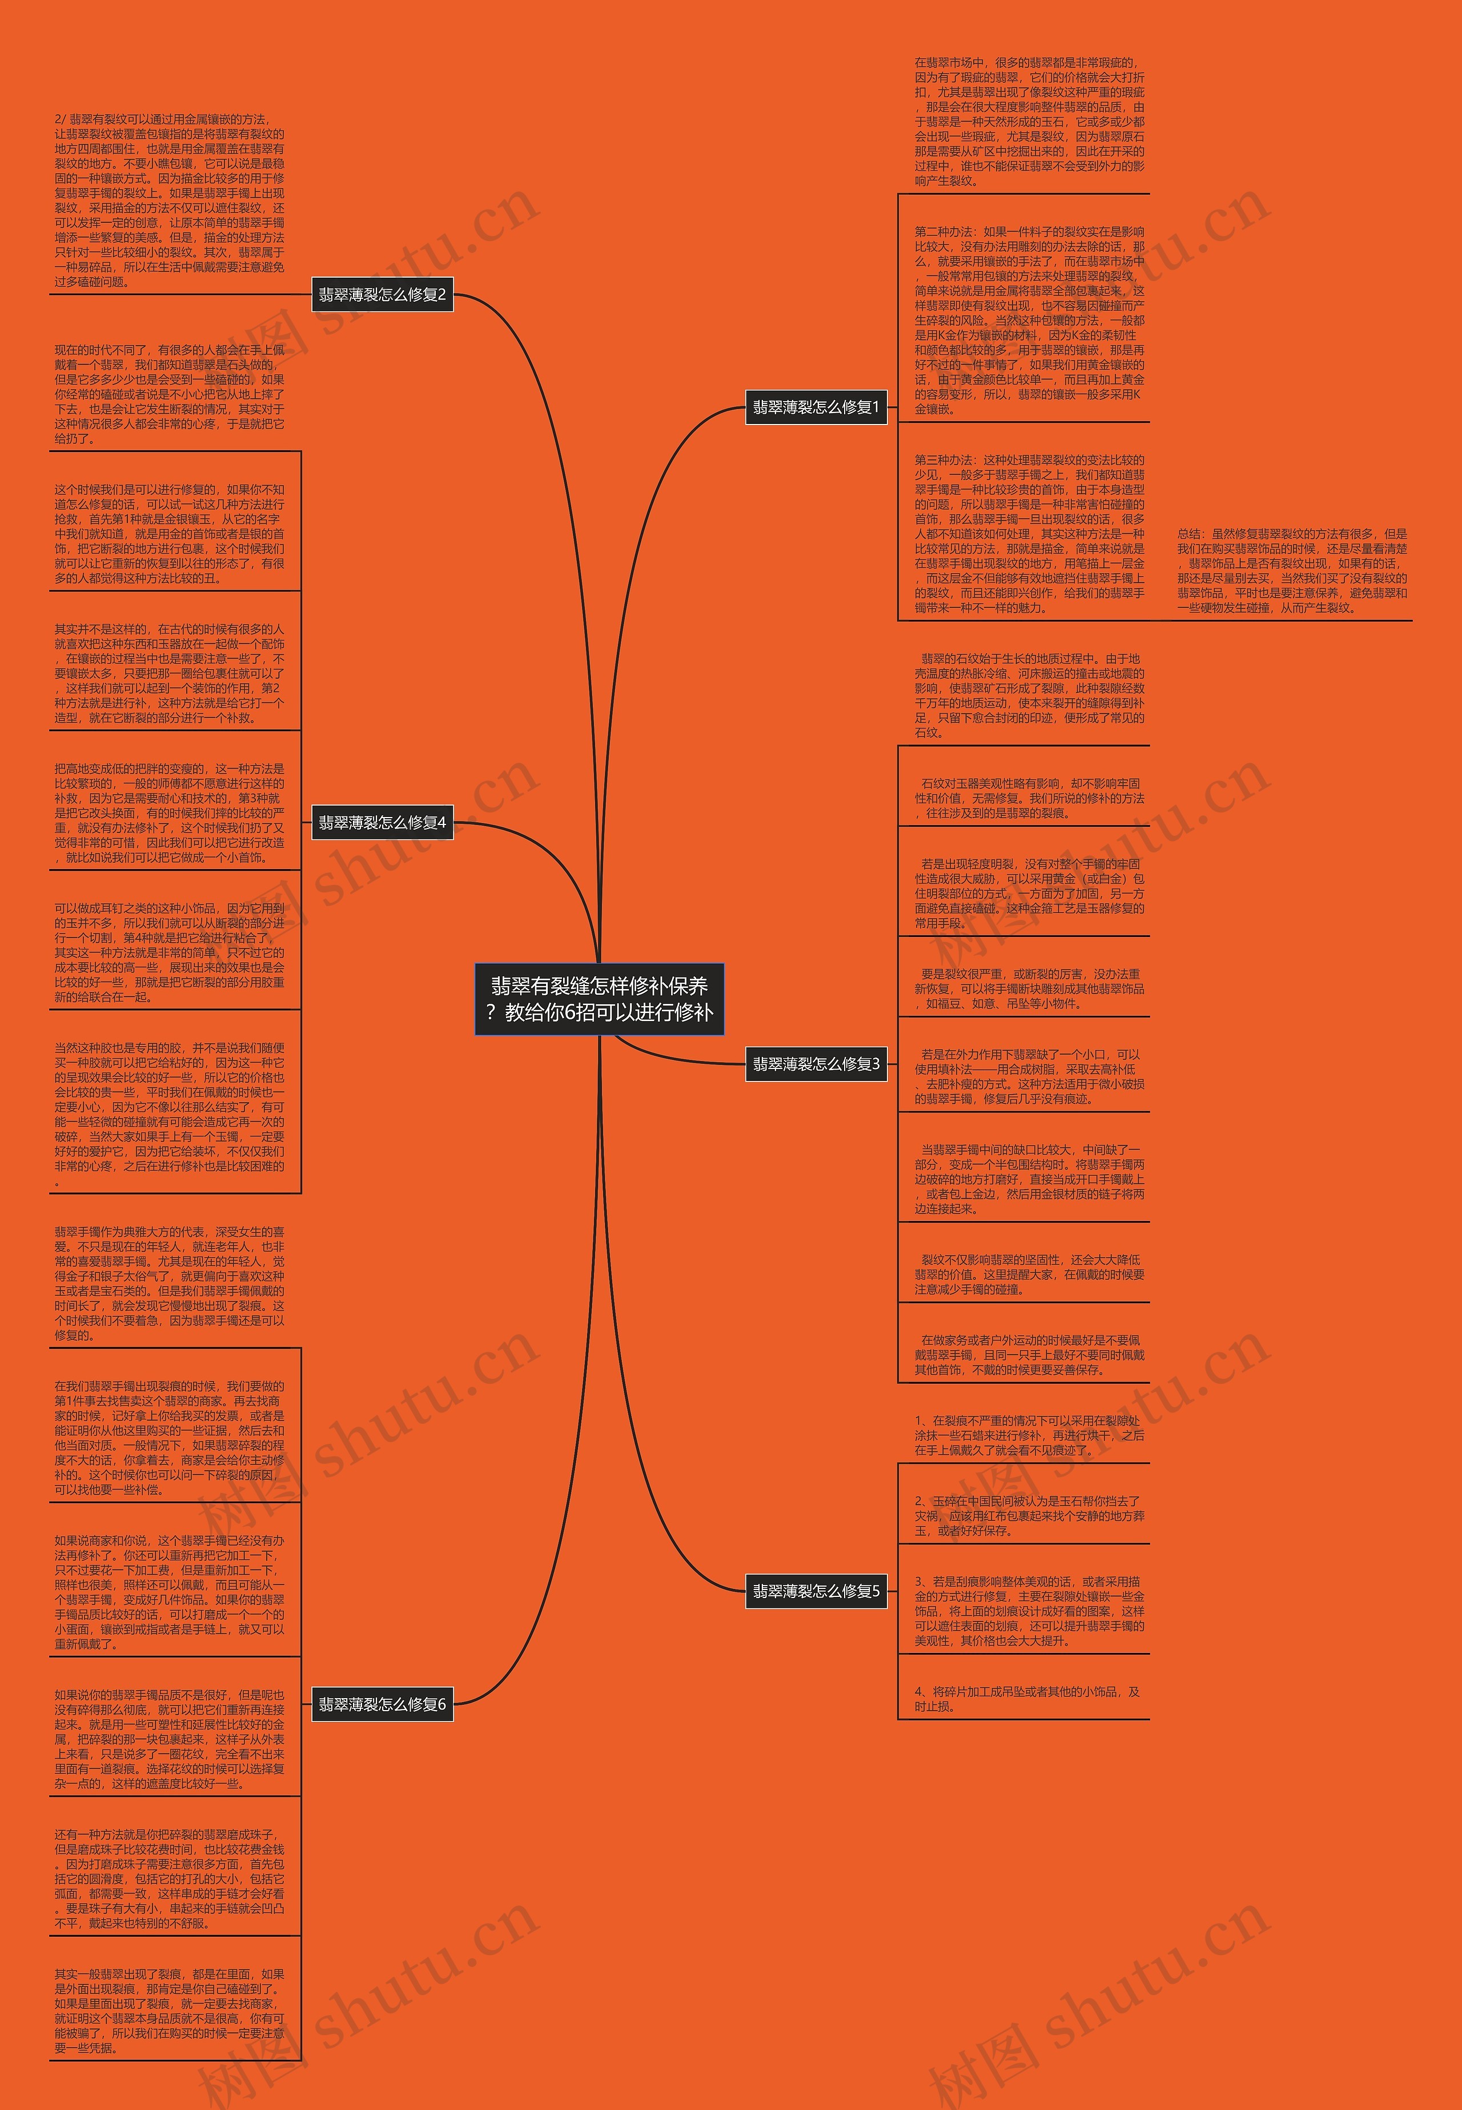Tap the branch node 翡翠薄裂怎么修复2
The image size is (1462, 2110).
point(382,295)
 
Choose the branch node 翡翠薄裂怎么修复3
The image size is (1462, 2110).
point(816,1064)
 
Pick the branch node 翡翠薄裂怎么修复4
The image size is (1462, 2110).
point(382,823)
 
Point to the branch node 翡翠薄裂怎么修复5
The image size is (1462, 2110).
point(816,1591)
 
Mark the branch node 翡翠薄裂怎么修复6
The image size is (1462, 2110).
point(382,1704)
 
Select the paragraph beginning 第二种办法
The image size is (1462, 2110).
point(1029,321)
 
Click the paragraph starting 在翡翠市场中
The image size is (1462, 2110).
point(1029,121)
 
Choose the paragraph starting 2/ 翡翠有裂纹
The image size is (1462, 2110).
point(170,200)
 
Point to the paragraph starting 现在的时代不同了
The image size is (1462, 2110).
point(170,394)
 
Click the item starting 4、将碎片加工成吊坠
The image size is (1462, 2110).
point(1026,1699)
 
